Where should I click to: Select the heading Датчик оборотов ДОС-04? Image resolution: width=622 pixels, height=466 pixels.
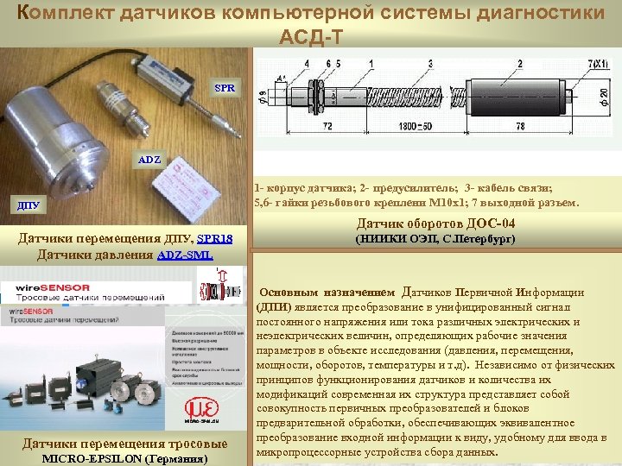(x=436, y=224)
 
